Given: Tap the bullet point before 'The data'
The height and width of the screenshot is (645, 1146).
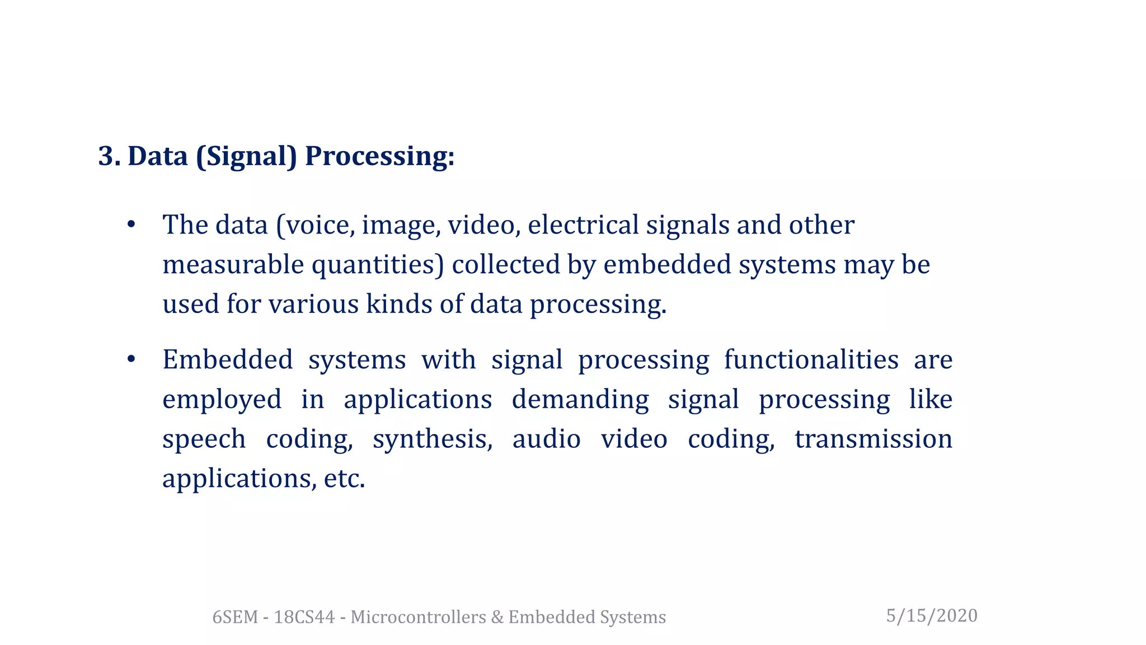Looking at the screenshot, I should pyautogui.click(x=131, y=225).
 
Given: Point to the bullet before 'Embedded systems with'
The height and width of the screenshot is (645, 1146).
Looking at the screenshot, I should pyautogui.click(x=131, y=359).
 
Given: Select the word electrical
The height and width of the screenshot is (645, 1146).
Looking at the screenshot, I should pyautogui.click(x=583, y=225).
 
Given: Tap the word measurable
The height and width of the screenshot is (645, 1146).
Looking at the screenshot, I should pyautogui.click(x=233, y=265).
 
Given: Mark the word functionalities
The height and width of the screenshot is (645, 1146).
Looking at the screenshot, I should pyautogui.click(x=811, y=359).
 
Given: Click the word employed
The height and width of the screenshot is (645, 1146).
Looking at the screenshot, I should pyautogui.click(x=222, y=400).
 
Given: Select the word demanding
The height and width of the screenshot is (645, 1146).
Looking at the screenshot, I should pyautogui.click(x=580, y=400).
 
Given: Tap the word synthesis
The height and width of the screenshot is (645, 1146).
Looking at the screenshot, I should pyautogui.click(x=433, y=439).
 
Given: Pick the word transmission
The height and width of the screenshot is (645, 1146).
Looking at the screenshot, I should pyautogui.click(x=873, y=439).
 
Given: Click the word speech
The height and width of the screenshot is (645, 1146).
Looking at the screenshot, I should pyautogui.click(x=204, y=439).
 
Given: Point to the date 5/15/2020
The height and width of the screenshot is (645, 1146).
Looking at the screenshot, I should pyautogui.click(x=932, y=616).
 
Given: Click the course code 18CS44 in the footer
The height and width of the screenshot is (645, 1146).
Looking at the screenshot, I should pyautogui.click(x=304, y=617).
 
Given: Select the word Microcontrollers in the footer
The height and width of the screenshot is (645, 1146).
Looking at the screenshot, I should pyautogui.click(x=418, y=617).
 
